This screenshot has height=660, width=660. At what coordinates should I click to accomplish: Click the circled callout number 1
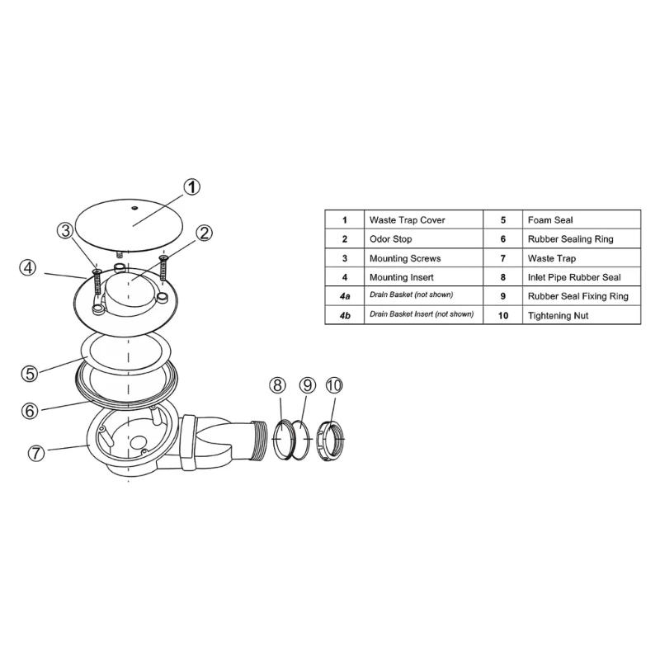point(191,187)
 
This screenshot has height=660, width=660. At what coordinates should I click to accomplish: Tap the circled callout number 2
point(204,233)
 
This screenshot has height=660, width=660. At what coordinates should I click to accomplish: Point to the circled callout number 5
point(30,373)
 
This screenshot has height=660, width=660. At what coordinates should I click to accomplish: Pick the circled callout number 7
point(35,453)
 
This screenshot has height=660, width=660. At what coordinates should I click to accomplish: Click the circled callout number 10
point(334,385)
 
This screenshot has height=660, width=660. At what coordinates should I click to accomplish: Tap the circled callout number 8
point(278,385)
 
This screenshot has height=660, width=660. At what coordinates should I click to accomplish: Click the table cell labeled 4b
point(345,315)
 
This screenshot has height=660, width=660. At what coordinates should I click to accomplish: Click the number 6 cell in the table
point(502,239)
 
